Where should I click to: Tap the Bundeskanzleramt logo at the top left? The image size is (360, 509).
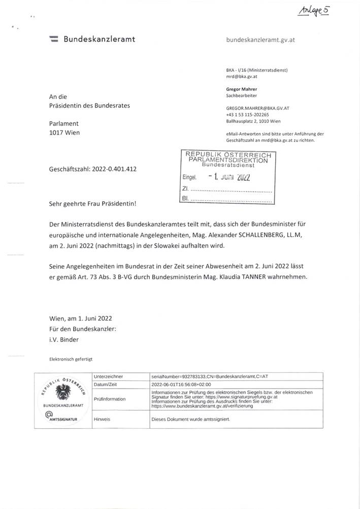(54, 39)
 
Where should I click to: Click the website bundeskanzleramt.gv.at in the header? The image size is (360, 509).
(260, 40)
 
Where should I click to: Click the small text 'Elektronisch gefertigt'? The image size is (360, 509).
(71, 359)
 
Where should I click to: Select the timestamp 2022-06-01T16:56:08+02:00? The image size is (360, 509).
(182, 385)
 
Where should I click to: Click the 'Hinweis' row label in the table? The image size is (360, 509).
(103, 420)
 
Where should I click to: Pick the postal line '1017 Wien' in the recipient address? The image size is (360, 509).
(64, 133)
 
